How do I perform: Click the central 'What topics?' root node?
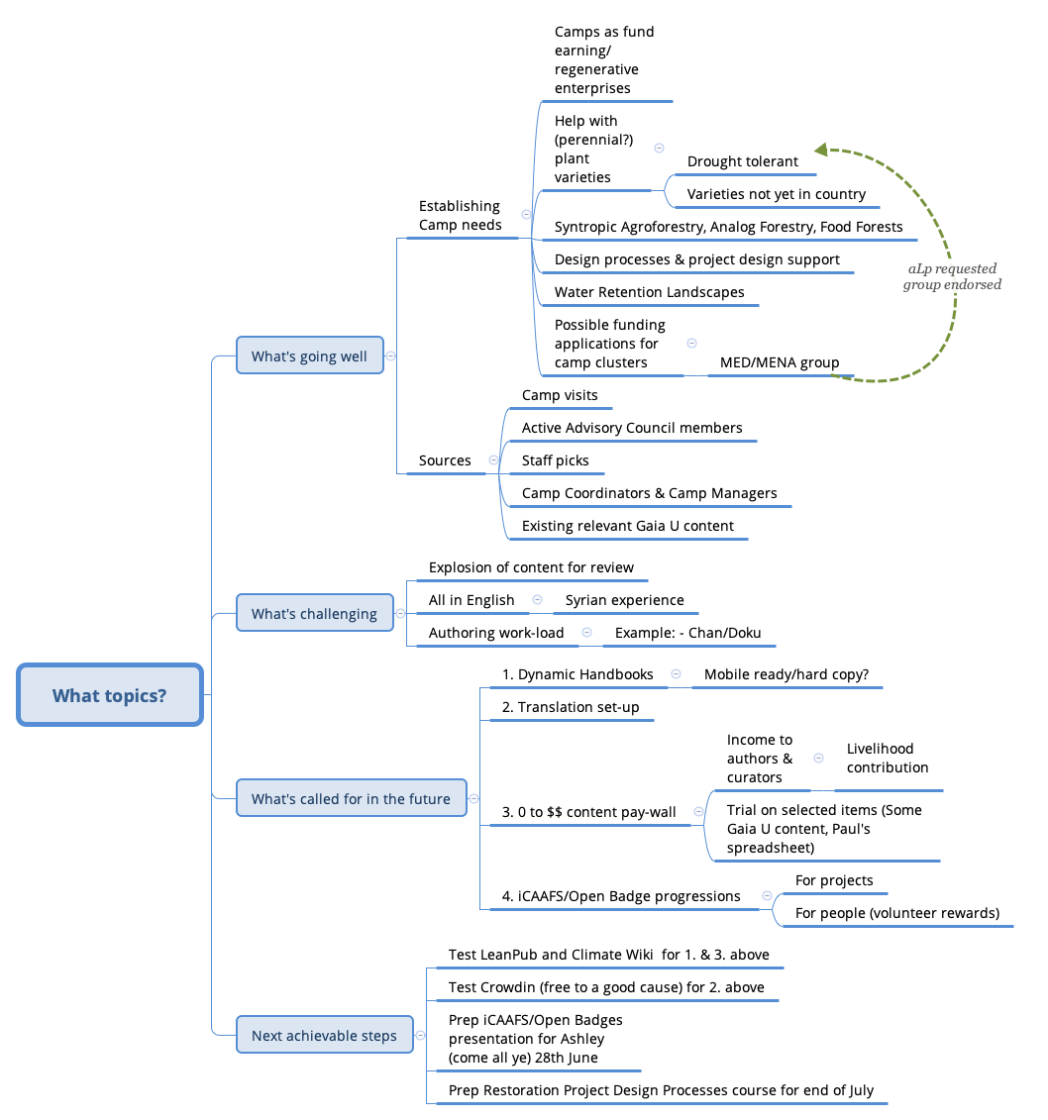click(110, 695)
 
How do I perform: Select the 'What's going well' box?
click(309, 356)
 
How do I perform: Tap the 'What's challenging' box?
click(314, 613)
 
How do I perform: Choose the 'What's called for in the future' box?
click(351, 798)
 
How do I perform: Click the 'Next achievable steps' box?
click(324, 1035)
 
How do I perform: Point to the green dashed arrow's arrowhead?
click(821, 150)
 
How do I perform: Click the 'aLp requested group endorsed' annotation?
click(952, 276)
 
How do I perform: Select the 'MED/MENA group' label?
click(780, 362)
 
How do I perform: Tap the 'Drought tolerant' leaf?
click(742, 161)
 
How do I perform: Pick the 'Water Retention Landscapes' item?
click(649, 292)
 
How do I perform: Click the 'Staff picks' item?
click(555, 460)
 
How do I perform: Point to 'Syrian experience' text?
click(624, 600)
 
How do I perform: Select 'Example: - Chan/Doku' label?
click(687, 633)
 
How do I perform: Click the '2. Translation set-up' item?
click(571, 707)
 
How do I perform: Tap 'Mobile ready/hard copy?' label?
click(786, 674)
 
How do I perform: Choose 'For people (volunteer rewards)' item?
click(896, 913)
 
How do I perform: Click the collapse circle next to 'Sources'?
click(493, 460)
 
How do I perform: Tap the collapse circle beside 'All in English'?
click(537, 600)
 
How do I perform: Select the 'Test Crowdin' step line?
click(606, 987)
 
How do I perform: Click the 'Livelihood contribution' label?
click(888, 758)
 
